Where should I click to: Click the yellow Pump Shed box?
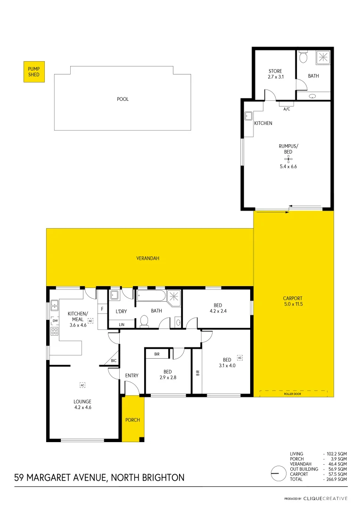(34, 72)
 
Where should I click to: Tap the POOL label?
(123, 99)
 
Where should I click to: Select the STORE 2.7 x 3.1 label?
(275, 74)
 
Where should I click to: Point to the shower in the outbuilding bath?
(323, 57)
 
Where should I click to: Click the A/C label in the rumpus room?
(286, 109)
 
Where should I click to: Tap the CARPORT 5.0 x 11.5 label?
(293, 301)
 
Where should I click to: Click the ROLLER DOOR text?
(293, 394)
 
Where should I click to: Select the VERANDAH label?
(147, 258)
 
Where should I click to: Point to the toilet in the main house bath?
(145, 321)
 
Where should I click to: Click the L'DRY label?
(121, 311)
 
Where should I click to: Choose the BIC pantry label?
(114, 361)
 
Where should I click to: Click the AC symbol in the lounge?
(82, 385)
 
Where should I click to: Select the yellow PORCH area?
(132, 419)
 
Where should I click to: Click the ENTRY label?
(132, 376)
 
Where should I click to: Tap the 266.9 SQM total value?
(338, 479)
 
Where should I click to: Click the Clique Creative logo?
(325, 498)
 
